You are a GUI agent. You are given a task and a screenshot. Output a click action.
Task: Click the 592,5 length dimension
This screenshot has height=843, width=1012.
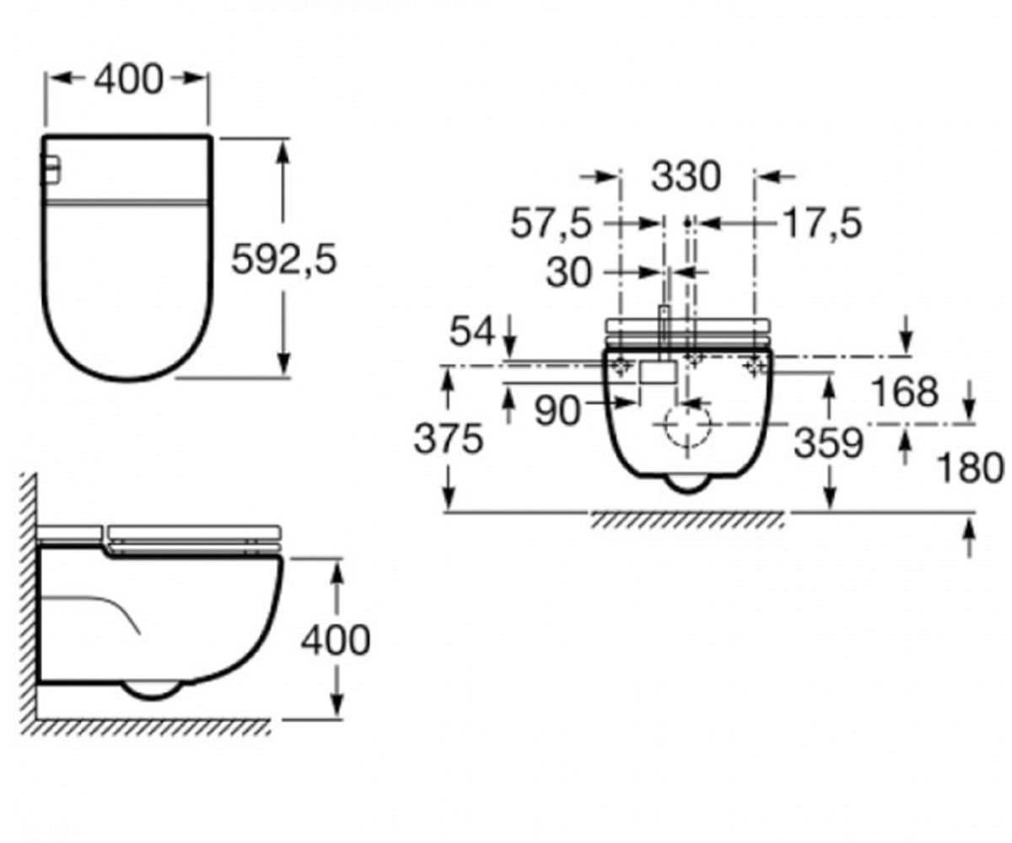283,259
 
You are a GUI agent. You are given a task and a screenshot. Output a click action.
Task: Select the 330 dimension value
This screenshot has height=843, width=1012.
686,177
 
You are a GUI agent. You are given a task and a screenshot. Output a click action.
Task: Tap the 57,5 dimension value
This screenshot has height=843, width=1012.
552,223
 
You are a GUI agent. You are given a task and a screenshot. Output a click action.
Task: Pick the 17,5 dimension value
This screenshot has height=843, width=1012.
822,223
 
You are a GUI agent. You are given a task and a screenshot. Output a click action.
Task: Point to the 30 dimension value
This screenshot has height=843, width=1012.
569,272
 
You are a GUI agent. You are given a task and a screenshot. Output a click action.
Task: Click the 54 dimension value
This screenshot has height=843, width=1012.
472,332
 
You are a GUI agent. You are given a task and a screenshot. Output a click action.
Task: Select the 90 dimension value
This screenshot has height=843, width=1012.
557,411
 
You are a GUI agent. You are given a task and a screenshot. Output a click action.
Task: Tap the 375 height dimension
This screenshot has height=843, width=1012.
449,439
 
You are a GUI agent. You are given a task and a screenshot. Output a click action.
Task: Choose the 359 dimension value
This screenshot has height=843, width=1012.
828,443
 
